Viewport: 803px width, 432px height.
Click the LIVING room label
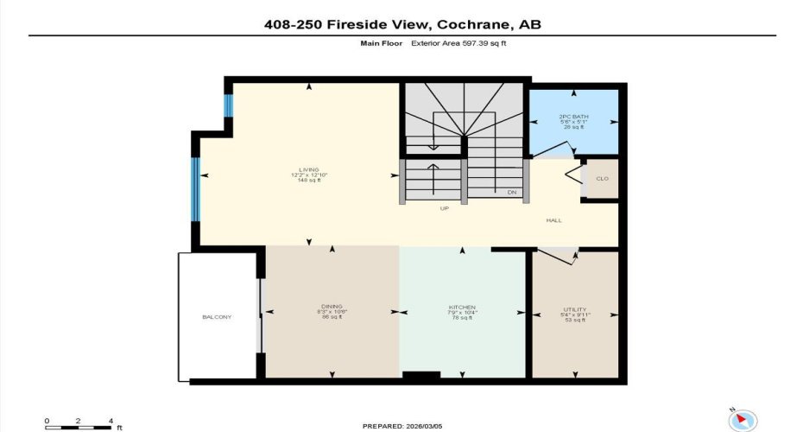[309, 169]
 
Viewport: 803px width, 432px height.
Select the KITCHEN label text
[462, 308]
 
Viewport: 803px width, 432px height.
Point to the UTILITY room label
[574, 309]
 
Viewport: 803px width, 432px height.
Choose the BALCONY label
[218, 317]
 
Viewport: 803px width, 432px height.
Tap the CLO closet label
[602, 179]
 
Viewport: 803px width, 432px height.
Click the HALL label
[553, 220]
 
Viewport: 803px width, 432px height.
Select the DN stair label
[511, 192]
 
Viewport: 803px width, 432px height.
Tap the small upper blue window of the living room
[229, 106]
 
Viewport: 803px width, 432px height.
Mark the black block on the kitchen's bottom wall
[421, 377]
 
